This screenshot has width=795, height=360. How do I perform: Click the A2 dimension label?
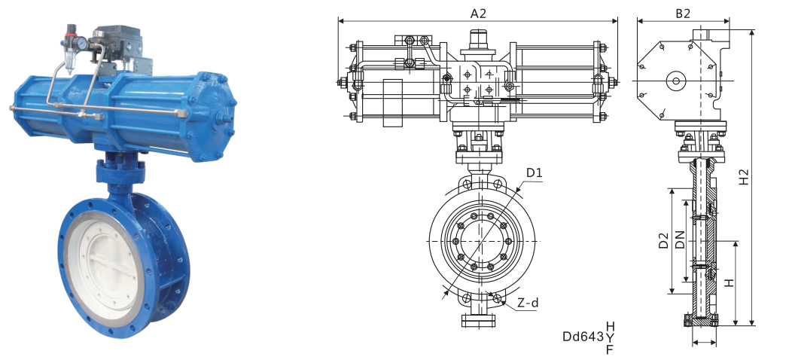pyautogui.click(x=478, y=14)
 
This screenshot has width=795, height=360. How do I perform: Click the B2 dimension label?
pyautogui.click(x=683, y=14)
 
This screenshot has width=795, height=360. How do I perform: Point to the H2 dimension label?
pyautogui.click(x=743, y=176)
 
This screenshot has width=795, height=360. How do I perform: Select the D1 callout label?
pyautogui.click(x=534, y=173)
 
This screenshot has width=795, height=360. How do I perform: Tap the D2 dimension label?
pyautogui.click(x=663, y=240)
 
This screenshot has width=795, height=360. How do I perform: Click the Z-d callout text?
pyautogui.click(x=528, y=304)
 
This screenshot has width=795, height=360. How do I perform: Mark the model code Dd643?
pyautogui.click(x=583, y=337)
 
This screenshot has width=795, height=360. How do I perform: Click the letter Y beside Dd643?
pyautogui.click(x=610, y=337)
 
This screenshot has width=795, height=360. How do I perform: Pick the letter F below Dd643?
pyautogui.click(x=610, y=349)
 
